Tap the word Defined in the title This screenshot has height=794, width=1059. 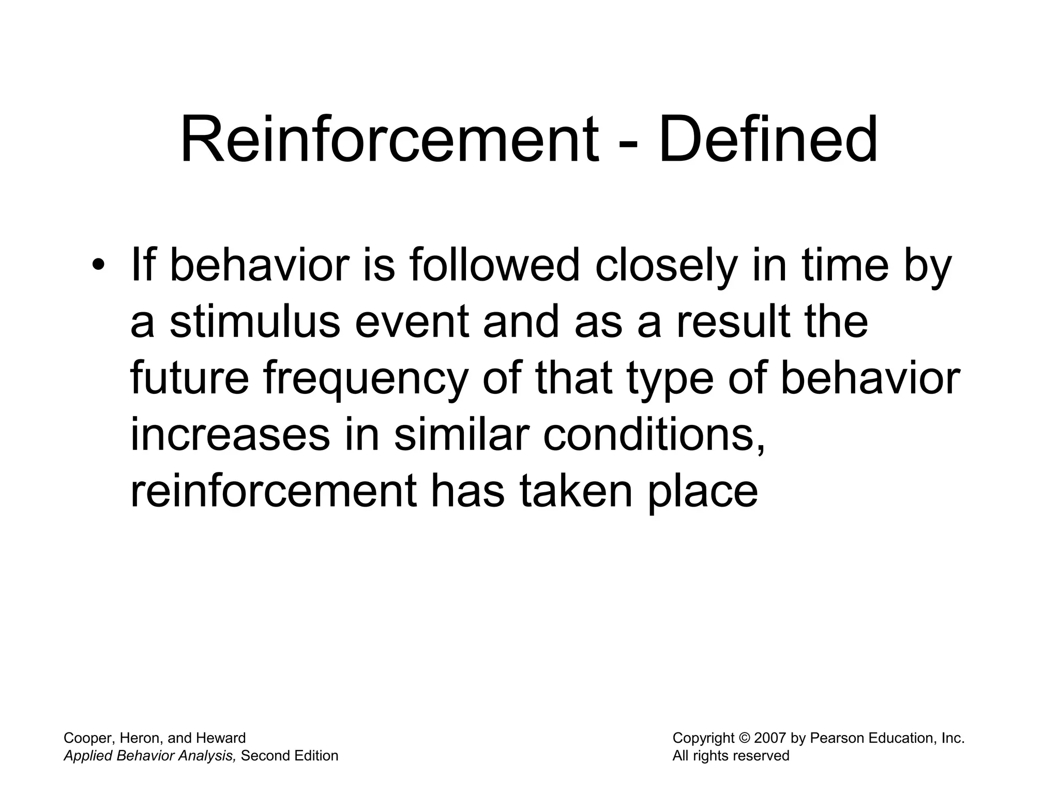click(768, 140)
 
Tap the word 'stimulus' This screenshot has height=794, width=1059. click(255, 322)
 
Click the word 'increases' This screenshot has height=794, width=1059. click(230, 435)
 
